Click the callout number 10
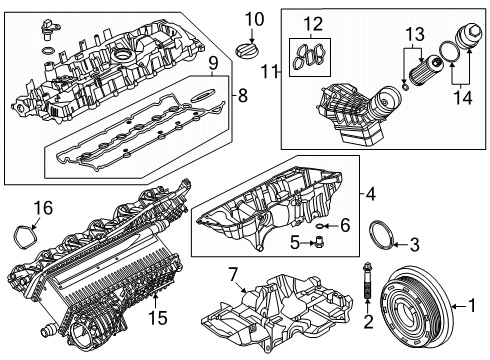[254, 19]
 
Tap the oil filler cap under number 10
[246, 51]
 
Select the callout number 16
[43, 208]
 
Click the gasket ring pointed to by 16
[26, 237]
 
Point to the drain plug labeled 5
[318, 242]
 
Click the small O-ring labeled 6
[319, 226]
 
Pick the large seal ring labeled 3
[382, 236]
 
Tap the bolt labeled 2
[367, 280]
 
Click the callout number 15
[158, 317]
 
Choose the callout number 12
[313, 24]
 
